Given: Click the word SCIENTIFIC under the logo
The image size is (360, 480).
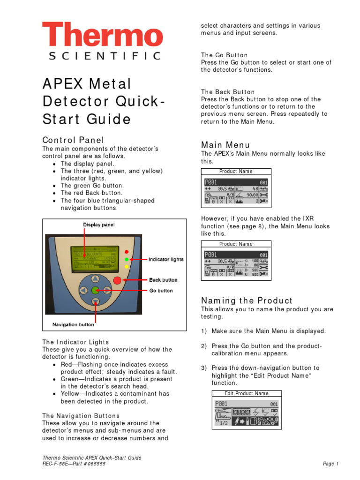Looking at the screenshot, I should (x=105, y=56).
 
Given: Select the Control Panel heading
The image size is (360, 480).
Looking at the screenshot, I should (x=73, y=140).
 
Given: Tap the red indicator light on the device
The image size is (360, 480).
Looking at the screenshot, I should (x=126, y=251).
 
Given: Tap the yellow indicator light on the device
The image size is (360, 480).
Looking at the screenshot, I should (x=126, y=266).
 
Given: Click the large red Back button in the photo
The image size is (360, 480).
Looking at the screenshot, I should (x=116, y=281).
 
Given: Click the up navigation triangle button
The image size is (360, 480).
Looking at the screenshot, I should (x=95, y=278).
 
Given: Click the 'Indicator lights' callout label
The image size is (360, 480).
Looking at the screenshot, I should (x=166, y=259).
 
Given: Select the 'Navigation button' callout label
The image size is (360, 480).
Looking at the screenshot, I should (x=73, y=324).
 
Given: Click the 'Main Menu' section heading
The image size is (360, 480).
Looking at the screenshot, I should (x=225, y=145).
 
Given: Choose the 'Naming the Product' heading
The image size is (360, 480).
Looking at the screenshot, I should (x=247, y=300).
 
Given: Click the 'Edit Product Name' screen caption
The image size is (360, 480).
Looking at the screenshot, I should (x=247, y=393).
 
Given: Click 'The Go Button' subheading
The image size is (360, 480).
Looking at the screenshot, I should (x=224, y=55).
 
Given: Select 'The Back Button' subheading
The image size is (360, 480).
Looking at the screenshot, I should (x=228, y=92).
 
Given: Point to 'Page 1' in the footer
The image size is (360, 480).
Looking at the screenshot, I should (x=330, y=464).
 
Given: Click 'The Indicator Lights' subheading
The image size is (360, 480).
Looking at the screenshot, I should (x=75, y=342).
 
